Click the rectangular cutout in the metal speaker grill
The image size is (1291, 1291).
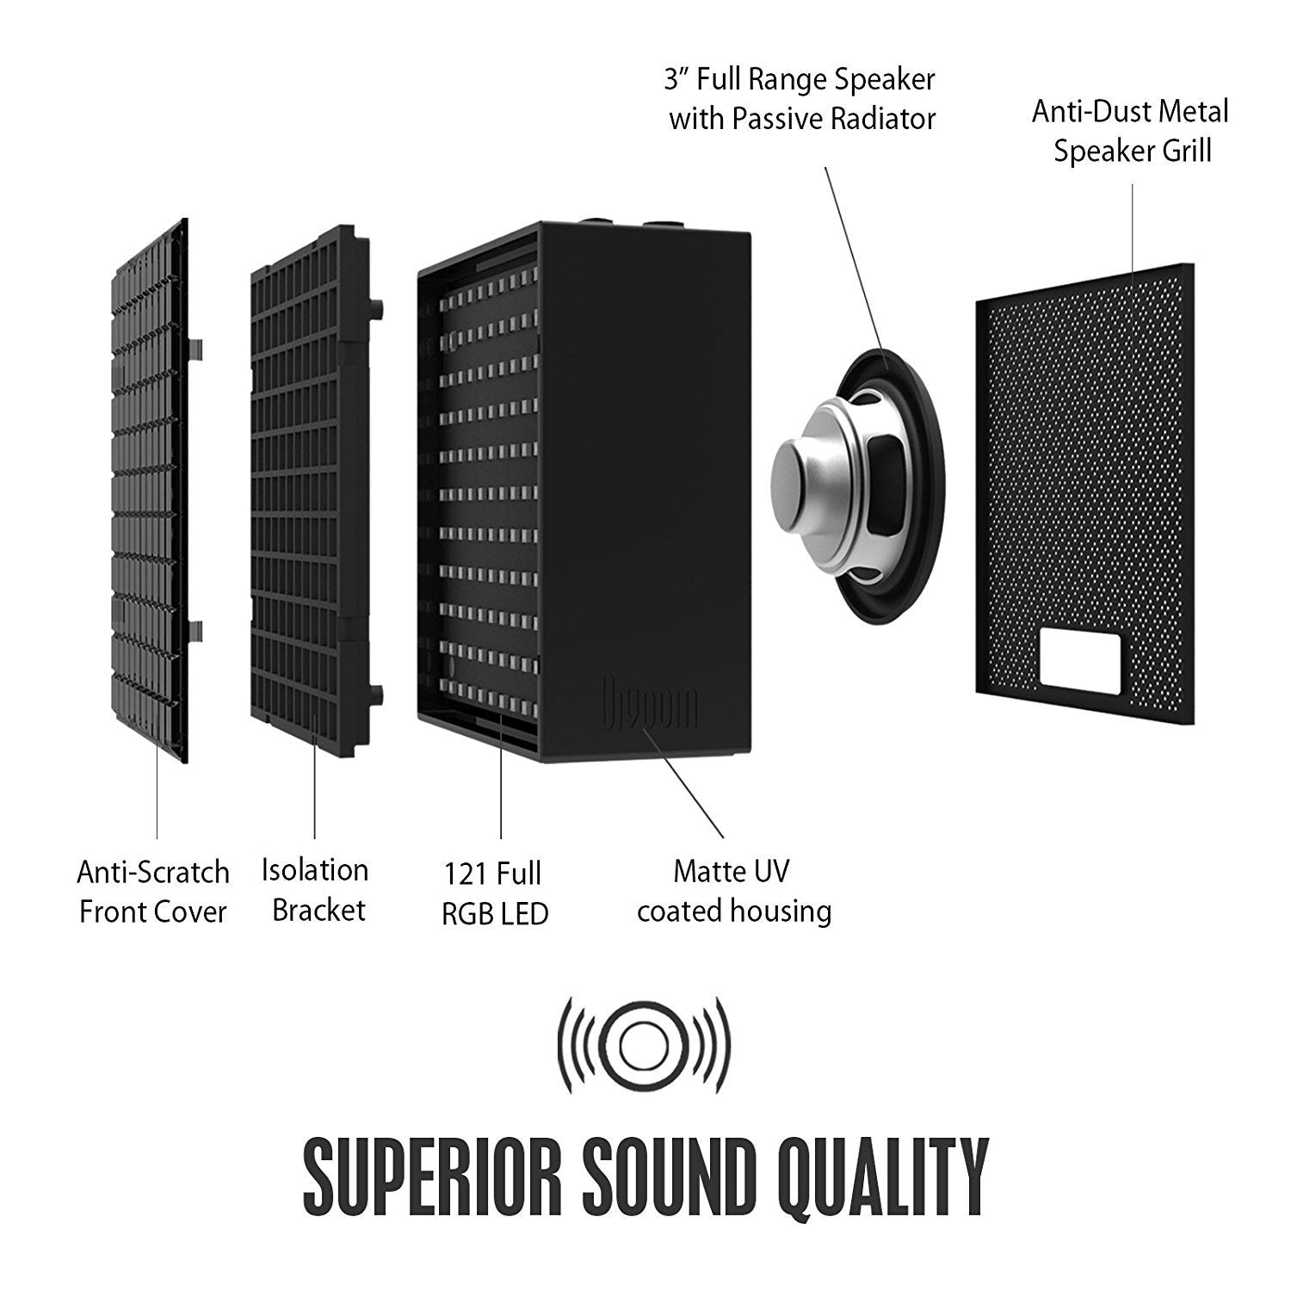tap(1080, 658)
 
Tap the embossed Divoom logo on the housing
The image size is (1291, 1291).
tap(651, 704)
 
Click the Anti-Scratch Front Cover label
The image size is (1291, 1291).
tap(153, 892)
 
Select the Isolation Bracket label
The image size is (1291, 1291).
tap(316, 890)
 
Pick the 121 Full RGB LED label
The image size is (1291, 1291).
tap(494, 893)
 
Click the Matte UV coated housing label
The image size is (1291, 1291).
tap(733, 891)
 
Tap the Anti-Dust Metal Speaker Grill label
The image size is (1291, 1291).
tap(1131, 131)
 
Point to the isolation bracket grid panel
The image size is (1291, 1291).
tap(310, 482)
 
